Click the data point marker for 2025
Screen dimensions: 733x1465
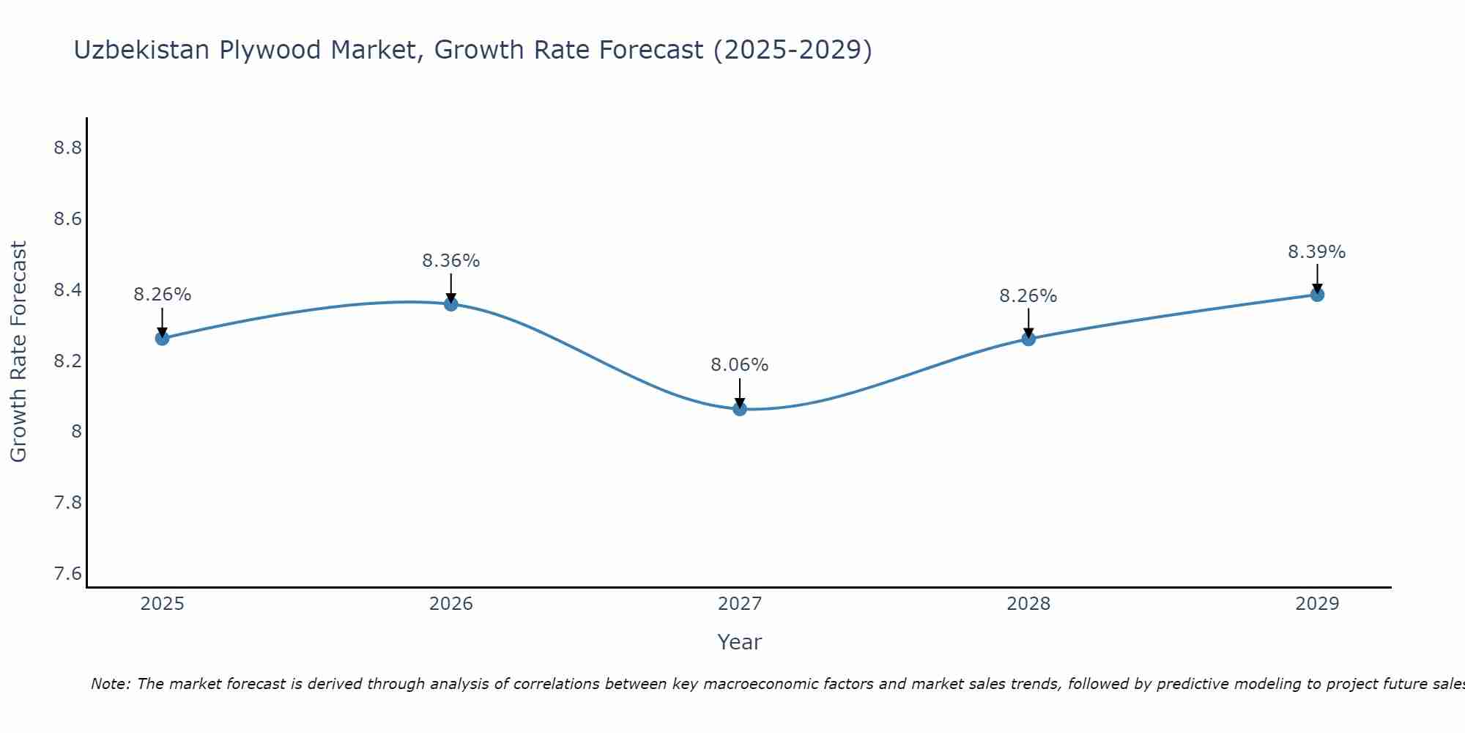click(x=162, y=338)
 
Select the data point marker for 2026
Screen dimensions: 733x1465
click(x=451, y=303)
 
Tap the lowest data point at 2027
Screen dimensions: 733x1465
click(x=740, y=408)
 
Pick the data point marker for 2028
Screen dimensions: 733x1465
click(x=1028, y=339)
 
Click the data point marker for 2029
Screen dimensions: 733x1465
click(x=1317, y=295)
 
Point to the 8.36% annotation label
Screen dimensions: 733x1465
click(x=451, y=261)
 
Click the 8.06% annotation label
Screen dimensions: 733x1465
click(x=740, y=365)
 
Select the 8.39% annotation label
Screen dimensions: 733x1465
click(x=1317, y=252)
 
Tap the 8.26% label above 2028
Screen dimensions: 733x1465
click(x=1028, y=296)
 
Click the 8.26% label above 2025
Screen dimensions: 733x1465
click(x=162, y=295)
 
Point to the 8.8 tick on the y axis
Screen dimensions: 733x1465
click(x=67, y=148)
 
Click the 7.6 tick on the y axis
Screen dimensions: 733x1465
click(x=67, y=573)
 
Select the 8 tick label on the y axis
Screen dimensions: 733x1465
click(x=76, y=432)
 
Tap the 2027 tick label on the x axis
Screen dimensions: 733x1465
click(x=740, y=604)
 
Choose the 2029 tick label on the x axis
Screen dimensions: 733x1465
click(x=1317, y=604)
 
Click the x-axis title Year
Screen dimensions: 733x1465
click(x=740, y=642)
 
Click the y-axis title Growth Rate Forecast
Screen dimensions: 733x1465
click(x=18, y=352)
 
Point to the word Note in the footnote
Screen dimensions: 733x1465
click(x=110, y=684)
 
